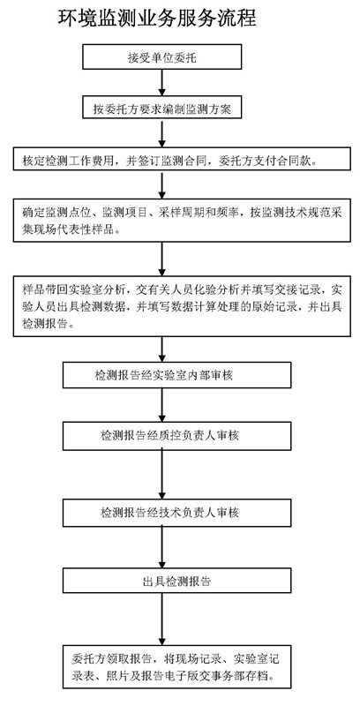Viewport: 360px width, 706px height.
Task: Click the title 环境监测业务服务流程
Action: (157, 19)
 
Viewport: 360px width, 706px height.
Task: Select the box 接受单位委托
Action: (162, 58)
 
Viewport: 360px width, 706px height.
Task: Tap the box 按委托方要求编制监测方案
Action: (162, 109)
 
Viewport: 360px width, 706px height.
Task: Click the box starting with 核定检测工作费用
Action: (182, 159)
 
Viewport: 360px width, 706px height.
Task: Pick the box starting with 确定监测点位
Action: (182, 220)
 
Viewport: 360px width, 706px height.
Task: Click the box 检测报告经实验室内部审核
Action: (176, 375)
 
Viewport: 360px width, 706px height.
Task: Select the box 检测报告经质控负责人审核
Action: (176, 435)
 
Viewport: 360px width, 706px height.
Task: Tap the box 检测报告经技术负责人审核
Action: (176, 513)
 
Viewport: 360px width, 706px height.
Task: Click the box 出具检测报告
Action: (176, 581)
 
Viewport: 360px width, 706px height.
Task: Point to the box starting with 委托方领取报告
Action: (176, 667)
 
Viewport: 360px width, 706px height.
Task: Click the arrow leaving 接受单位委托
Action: (162, 83)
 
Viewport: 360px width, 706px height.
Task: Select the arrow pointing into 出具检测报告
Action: (162, 547)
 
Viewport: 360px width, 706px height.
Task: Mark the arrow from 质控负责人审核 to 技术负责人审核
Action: (162, 474)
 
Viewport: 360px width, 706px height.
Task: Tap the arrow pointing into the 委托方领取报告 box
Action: (162, 620)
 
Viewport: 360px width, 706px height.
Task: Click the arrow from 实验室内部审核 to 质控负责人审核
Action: (162, 405)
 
